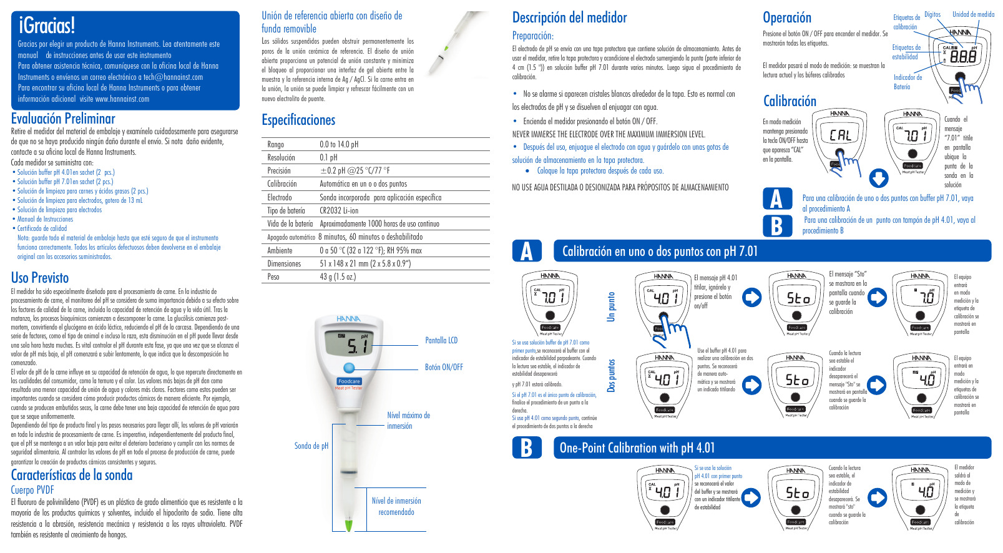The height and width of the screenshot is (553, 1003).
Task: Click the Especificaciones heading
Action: point(298,120)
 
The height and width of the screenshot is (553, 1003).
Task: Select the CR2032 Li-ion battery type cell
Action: point(339,210)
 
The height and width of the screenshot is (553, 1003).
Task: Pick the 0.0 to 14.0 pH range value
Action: point(339,144)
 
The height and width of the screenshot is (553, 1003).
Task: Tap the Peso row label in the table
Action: point(273,276)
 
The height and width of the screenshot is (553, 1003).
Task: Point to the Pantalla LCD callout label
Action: point(441,340)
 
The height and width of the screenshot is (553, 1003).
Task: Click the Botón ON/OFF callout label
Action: point(444,367)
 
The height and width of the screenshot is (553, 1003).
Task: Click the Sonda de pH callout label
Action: point(311,446)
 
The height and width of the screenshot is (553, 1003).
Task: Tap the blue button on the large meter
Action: point(349,368)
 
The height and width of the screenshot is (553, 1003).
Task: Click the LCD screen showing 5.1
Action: point(348,343)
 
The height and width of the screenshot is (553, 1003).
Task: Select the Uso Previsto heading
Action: point(40,278)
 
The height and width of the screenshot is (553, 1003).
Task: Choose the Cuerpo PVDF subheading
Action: point(32,490)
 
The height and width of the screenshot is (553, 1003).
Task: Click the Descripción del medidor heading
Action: point(569,17)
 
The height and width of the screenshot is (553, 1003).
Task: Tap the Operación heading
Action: point(787,17)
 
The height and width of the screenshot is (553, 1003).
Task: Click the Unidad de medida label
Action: point(973,14)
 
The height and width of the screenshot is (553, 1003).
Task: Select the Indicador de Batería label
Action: point(908,82)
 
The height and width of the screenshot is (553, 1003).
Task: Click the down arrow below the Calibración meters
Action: point(879,178)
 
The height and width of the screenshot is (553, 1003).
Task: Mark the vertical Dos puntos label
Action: point(612,375)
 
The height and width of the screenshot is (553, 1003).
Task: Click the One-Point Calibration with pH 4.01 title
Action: point(637,448)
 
